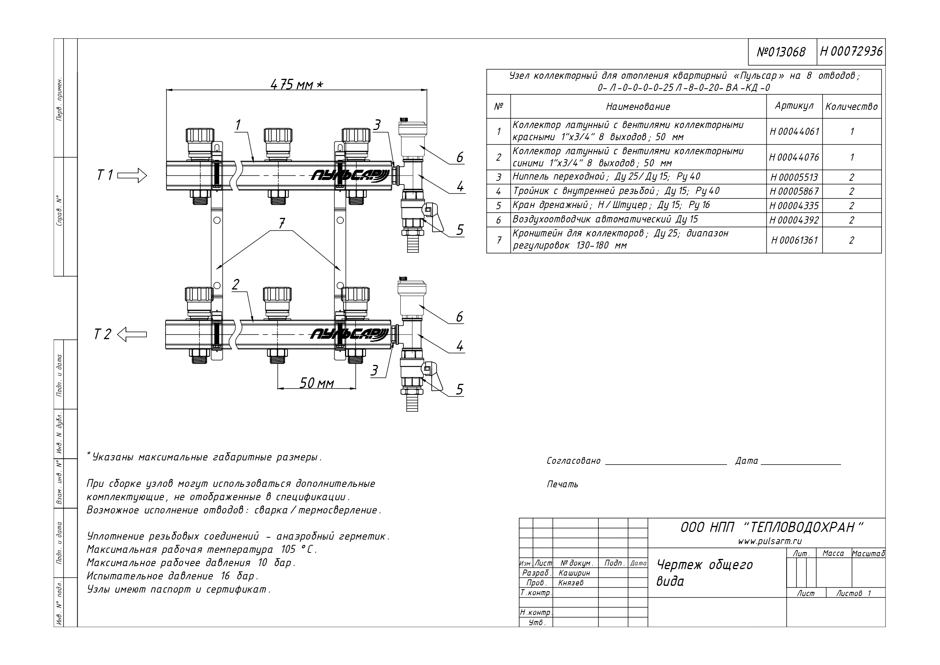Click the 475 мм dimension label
(x=297, y=85)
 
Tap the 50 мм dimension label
(x=317, y=383)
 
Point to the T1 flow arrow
(x=132, y=175)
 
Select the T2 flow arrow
(x=132, y=335)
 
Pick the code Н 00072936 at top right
(x=851, y=52)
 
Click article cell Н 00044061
(x=794, y=131)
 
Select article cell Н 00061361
(x=794, y=240)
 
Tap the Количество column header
(x=852, y=106)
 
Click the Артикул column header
(x=794, y=106)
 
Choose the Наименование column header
(x=638, y=107)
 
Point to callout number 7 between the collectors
(x=282, y=223)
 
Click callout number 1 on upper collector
(x=238, y=125)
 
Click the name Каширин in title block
(x=574, y=573)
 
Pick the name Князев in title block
(x=571, y=583)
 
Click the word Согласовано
(x=573, y=461)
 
